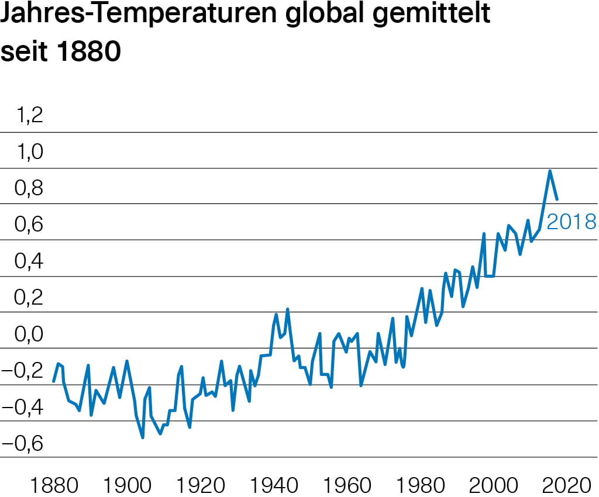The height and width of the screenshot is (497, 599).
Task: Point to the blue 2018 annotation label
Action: click(x=571, y=222)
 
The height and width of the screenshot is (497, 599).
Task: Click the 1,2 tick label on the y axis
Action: click(x=30, y=116)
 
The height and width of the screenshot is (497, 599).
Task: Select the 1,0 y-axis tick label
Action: click(x=30, y=152)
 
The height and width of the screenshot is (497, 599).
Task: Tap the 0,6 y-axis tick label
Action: click(x=30, y=225)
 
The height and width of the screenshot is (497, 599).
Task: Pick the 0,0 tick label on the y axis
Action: click(x=30, y=334)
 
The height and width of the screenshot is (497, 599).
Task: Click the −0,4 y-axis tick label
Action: click(x=25, y=408)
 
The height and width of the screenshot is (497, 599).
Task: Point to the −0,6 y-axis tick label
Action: click(x=25, y=444)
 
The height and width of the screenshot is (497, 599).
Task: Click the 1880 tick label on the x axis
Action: click(x=54, y=485)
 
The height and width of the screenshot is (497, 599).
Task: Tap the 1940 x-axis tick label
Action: click(x=274, y=485)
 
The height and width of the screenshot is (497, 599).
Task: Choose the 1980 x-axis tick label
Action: click(x=420, y=485)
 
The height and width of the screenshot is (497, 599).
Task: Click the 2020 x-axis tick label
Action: click(x=566, y=485)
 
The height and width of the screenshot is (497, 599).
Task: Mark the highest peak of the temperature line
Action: click(x=550, y=171)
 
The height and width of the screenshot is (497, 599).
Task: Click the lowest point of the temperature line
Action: click(x=142, y=437)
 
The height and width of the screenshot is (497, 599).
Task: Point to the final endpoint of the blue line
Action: click(x=557, y=199)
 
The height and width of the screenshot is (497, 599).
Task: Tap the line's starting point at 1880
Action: click(x=54, y=381)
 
